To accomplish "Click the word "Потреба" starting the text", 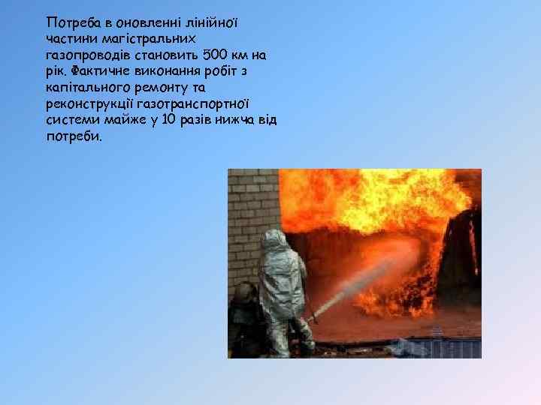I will [x=69, y=21].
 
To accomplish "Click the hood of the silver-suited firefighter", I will [x=274, y=241].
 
